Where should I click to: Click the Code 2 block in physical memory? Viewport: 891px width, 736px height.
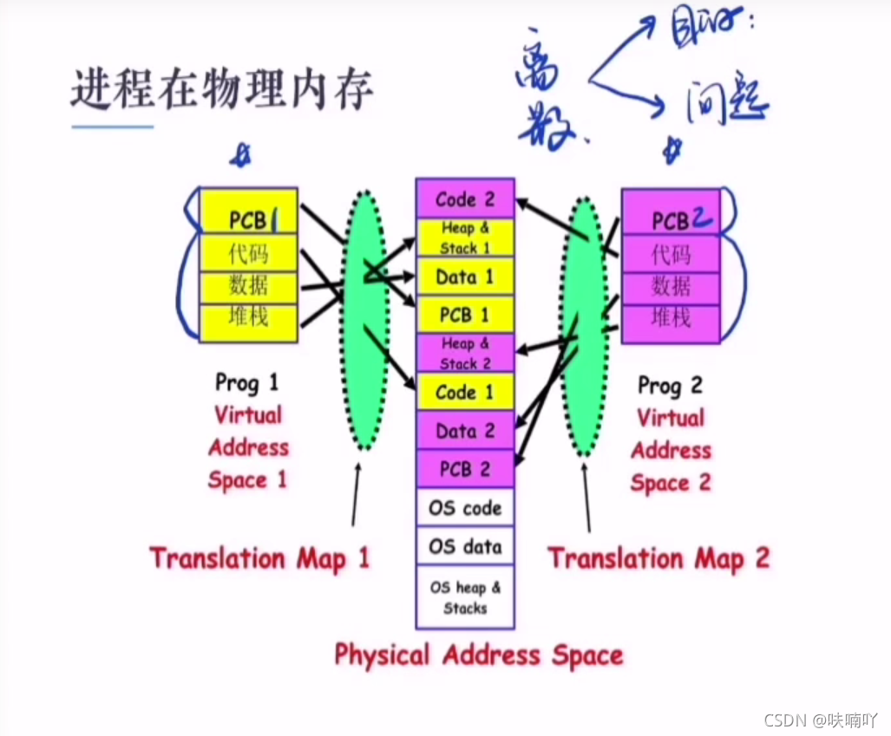click(465, 199)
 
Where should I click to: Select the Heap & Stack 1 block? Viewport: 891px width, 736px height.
click(465, 238)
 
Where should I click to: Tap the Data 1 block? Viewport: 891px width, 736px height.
click(465, 277)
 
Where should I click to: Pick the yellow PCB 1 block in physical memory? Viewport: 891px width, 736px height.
click(465, 315)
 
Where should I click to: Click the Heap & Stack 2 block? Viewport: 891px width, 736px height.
click(465, 354)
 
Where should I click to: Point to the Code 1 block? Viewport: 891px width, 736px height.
click(465, 393)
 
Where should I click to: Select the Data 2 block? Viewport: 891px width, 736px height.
click(465, 431)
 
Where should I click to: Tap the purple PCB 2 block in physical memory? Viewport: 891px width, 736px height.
click(465, 469)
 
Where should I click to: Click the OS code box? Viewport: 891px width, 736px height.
click(465, 508)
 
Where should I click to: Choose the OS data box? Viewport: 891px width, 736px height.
click(465, 547)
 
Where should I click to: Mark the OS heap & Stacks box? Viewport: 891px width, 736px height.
click(465, 596)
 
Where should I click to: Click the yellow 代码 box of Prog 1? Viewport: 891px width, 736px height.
click(249, 254)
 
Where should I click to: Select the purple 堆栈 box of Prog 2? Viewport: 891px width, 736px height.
click(671, 317)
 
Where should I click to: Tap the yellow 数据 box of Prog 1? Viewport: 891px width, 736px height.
click(249, 285)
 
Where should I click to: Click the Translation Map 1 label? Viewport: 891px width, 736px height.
click(259, 557)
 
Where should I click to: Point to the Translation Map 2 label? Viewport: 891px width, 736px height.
click(658, 558)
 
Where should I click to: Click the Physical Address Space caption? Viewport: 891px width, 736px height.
click(479, 655)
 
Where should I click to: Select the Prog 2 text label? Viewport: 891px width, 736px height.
click(670, 385)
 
